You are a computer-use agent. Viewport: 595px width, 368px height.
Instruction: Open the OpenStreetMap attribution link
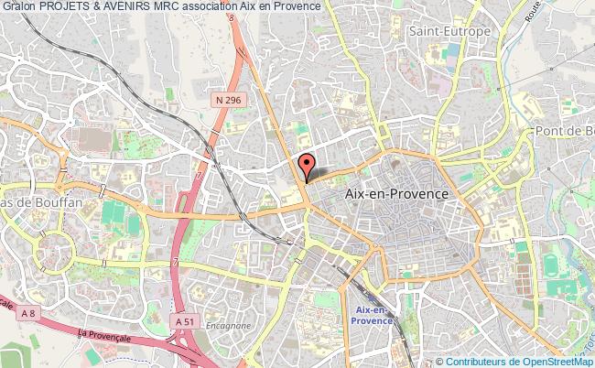click(554, 360)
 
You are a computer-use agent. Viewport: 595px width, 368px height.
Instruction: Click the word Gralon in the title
click(18, 6)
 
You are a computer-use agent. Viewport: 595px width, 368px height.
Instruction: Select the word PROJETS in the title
click(69, 6)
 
